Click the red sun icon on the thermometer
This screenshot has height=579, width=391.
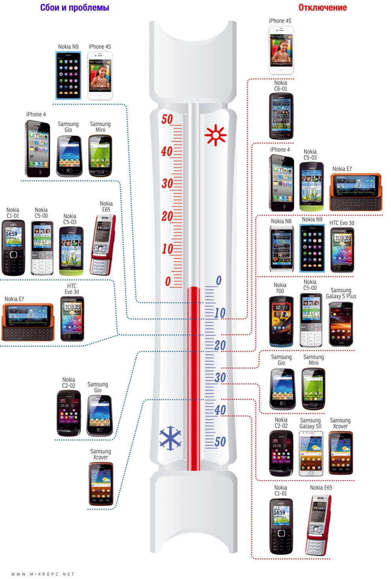coord(215,135)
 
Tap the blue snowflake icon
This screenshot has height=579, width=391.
coord(170,438)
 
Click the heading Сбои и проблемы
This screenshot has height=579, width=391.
coord(75,7)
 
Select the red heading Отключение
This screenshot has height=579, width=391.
coord(323,7)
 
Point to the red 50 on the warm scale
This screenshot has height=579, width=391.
coord(167,119)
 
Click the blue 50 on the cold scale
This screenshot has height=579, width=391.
coord(220,442)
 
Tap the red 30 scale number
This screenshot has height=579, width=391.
coord(167,184)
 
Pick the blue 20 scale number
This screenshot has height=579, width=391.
coord(220,345)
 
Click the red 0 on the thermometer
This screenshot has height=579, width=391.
coord(168,281)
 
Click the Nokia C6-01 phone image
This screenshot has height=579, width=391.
coord(281,116)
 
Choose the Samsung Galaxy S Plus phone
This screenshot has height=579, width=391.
coord(341,324)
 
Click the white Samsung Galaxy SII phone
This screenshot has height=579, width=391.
coord(311,453)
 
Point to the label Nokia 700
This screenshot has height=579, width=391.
coord(280,288)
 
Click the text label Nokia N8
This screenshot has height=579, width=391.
coord(281,221)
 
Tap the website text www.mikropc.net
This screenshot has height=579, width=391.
coord(43,574)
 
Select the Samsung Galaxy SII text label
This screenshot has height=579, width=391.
coord(310,423)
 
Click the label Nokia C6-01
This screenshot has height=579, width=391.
coord(281,86)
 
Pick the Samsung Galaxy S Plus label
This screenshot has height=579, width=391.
coord(341,293)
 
